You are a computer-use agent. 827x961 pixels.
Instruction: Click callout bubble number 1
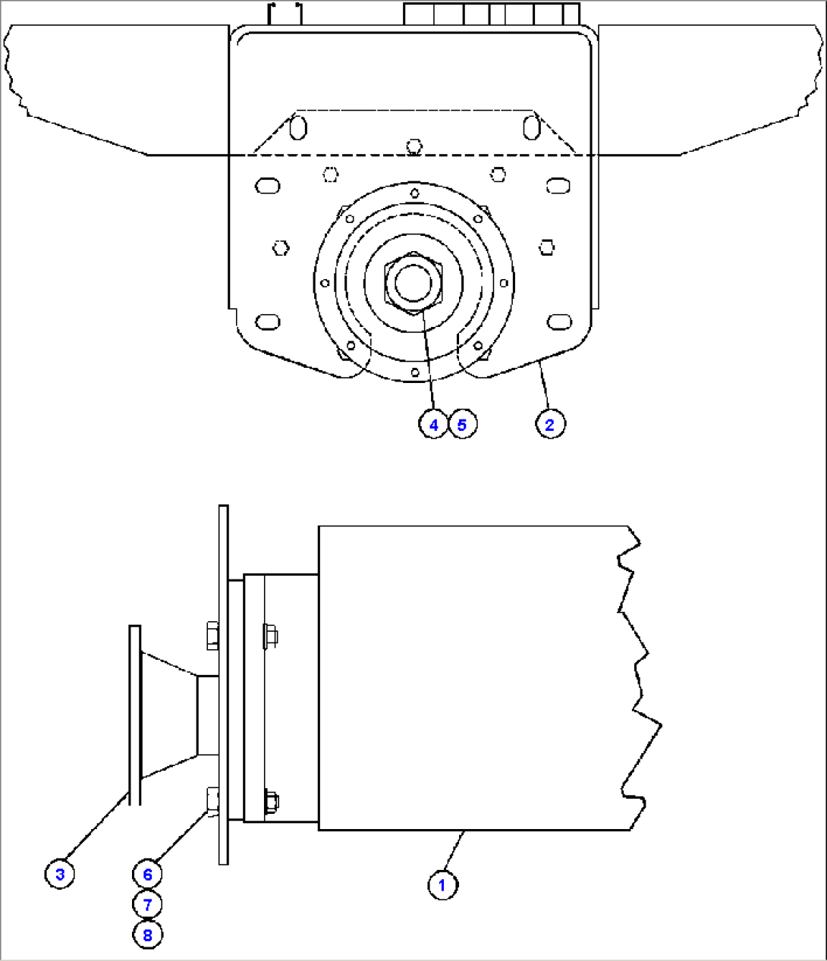tap(442, 884)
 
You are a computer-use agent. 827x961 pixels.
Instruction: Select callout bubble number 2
tap(550, 424)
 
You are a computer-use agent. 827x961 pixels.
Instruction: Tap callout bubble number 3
tap(60, 874)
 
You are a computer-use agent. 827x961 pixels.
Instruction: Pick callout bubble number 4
tap(433, 424)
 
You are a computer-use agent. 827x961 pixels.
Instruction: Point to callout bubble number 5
tap(462, 424)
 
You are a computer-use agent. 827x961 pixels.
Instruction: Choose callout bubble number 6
tap(147, 874)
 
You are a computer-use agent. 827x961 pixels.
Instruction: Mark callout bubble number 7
tap(147, 904)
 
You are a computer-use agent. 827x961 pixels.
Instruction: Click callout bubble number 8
tap(147, 934)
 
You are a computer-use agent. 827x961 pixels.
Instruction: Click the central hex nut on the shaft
tap(413, 282)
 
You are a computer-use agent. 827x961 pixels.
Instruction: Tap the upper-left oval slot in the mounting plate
tap(268, 185)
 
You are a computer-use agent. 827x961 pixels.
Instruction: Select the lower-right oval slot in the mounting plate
tap(560, 322)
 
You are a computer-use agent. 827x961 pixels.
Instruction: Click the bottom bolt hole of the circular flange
tap(415, 372)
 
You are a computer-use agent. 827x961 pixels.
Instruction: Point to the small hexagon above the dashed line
tap(413, 145)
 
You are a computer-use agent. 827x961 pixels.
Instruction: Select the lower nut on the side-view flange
tap(270, 801)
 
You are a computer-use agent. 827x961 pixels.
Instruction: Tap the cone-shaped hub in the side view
tap(168, 715)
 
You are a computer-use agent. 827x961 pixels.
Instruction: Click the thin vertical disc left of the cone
tap(134, 714)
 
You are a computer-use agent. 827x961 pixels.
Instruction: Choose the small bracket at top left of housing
tap(286, 13)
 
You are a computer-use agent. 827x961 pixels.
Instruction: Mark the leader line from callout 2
tap(544, 388)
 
